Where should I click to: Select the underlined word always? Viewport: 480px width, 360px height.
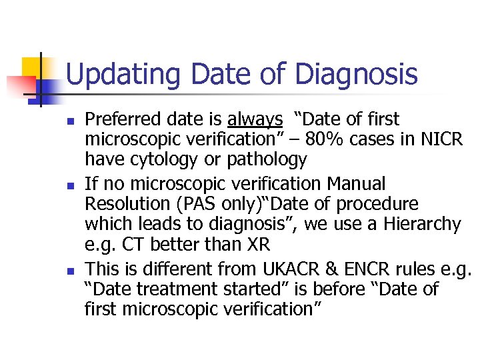(x=255, y=120)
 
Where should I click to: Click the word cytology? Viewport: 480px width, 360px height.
(x=163, y=160)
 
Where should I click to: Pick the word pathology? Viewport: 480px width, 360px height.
(x=266, y=160)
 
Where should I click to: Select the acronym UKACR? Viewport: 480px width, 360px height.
(x=290, y=269)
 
